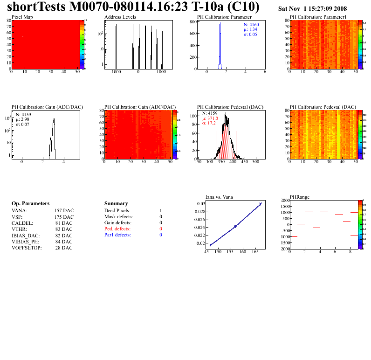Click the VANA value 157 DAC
point(64,211)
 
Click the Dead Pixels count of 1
point(160,211)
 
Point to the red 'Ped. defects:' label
point(117,229)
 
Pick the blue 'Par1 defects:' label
point(117,235)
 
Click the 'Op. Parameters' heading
point(30,204)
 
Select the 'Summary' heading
point(116,204)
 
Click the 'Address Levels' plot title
point(120,17)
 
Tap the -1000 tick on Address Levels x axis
point(115,73)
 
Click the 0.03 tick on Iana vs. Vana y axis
point(200,204)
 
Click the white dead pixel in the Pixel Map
point(22,36)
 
